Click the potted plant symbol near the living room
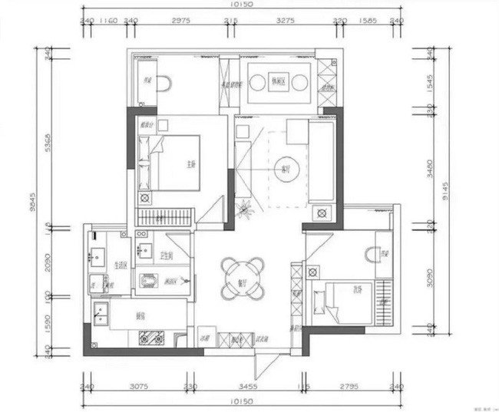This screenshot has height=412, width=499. [246, 207]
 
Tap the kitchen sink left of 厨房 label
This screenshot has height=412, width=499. [101, 311]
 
